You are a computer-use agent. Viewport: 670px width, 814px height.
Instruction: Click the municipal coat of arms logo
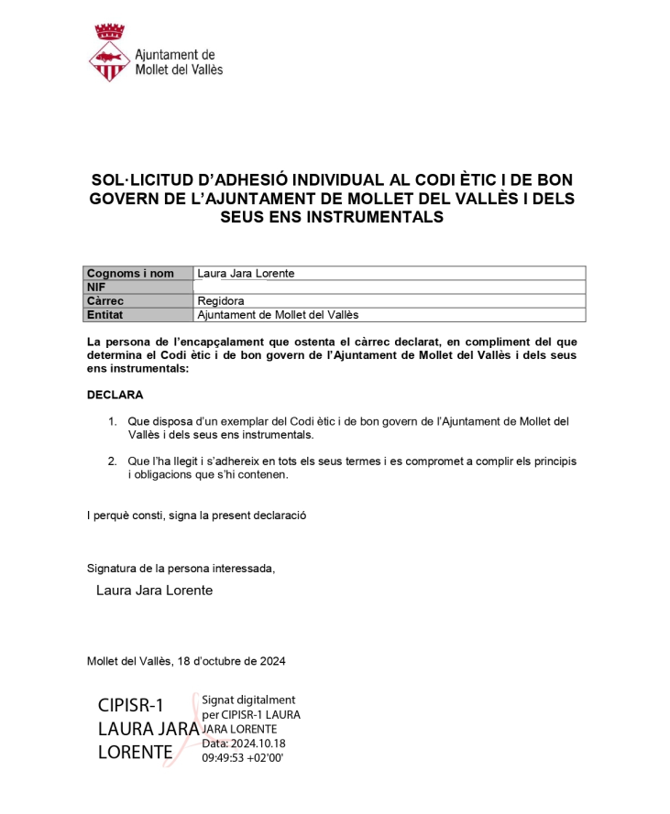109,54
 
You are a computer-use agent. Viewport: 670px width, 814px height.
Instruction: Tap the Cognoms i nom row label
130,273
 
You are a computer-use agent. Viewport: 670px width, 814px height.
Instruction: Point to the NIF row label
96,287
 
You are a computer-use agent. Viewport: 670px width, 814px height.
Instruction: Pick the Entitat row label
104,314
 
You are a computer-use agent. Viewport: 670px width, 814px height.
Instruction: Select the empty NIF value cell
389,287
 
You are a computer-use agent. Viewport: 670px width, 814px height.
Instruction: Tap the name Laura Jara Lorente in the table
246,273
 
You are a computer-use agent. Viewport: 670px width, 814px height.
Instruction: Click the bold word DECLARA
115,395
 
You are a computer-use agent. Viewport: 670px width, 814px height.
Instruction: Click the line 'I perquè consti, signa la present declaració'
196,515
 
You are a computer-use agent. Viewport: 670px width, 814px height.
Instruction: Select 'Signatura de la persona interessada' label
181,568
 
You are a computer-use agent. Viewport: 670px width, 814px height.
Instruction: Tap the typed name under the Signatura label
154,591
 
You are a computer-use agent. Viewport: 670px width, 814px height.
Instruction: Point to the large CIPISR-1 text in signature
131,705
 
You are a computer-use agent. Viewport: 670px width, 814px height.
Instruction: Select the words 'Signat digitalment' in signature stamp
248,700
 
